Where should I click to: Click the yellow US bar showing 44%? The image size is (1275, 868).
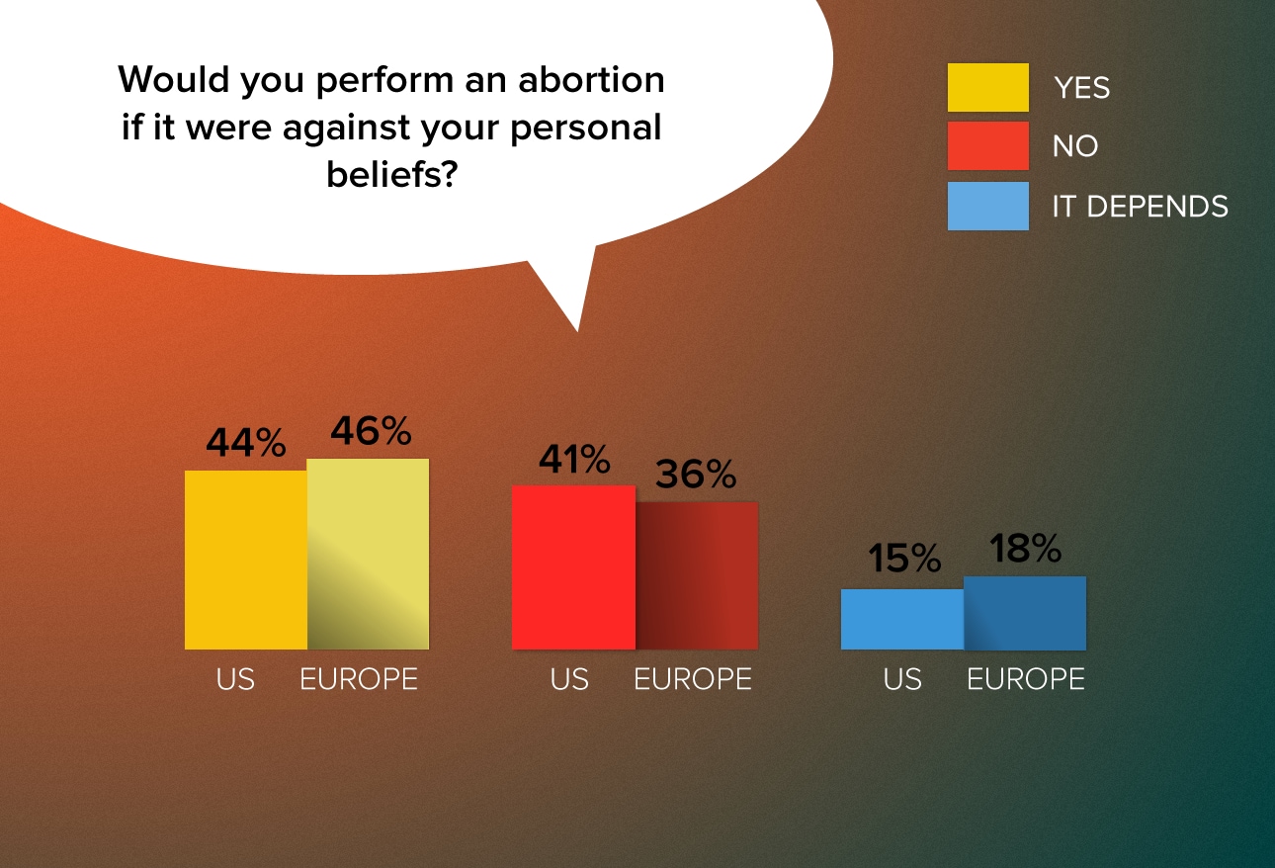246,560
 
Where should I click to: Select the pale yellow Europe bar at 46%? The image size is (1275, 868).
369,554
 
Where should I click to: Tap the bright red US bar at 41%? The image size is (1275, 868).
573,567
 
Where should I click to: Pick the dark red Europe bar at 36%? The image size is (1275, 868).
697,575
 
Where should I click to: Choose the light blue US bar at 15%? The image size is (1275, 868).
902,619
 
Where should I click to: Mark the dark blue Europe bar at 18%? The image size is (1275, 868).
1025,613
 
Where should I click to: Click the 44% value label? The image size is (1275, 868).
246,442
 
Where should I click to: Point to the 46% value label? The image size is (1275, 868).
371,430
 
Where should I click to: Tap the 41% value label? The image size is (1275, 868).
574,459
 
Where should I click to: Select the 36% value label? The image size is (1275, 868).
696,474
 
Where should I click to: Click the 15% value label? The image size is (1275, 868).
904,558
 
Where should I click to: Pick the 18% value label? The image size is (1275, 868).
1025,548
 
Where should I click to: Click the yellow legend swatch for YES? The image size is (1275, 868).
988,88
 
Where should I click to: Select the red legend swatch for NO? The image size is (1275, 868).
988,145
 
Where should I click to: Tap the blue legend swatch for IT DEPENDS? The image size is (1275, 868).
988,206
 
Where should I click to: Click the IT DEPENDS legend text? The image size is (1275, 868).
1141,206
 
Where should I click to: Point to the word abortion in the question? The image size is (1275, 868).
591,79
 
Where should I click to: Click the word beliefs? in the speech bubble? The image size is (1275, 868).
392,174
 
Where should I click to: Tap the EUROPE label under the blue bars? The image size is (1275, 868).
1026,679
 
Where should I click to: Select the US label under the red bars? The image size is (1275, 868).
569,679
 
